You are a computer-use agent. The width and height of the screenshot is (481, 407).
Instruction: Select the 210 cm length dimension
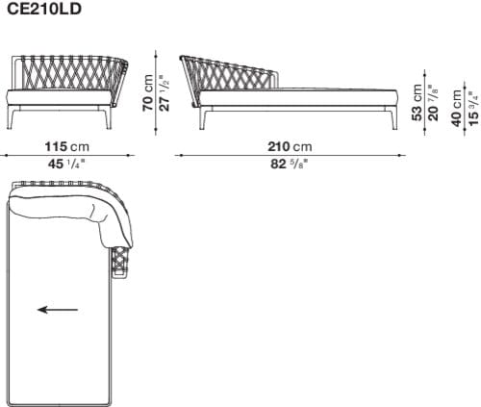[x=290, y=146]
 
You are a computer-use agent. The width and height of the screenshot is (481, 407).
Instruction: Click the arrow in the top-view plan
[x=58, y=310]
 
